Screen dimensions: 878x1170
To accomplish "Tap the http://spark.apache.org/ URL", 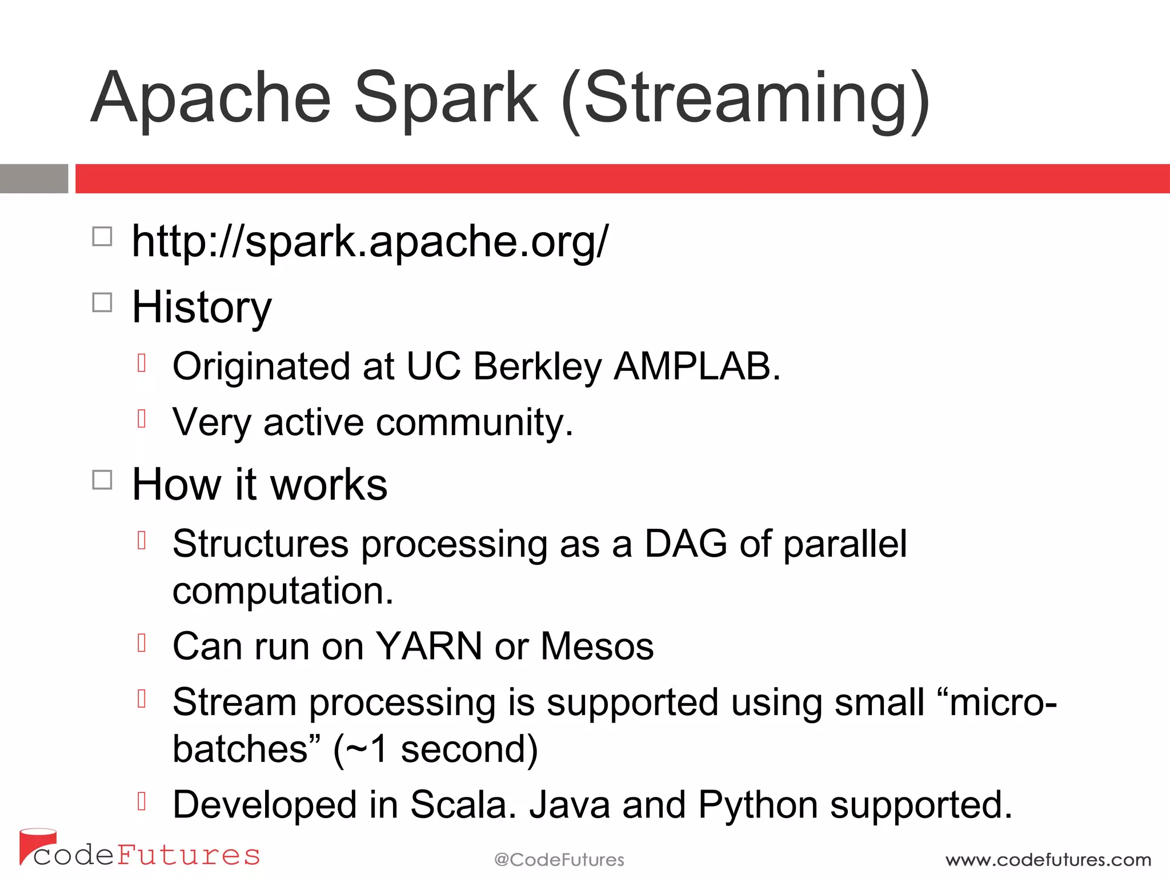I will pos(370,241).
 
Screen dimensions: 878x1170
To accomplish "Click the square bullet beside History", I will pos(102,302).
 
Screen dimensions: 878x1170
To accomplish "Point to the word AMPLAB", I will pos(696,366).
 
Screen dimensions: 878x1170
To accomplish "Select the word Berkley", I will pos(537,366).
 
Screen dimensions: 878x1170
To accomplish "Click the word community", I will pos(474,423).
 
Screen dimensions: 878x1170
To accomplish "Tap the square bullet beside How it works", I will pos(102,480).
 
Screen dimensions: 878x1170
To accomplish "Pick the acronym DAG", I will pos(685,543).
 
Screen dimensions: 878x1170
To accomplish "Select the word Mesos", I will pos(596,646).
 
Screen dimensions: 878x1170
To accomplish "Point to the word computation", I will pos(283,592).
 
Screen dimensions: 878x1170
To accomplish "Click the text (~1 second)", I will pos(435,749).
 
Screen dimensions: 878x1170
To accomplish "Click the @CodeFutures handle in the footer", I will pos(559,860).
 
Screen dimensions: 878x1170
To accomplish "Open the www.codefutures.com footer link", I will pos(1048,860).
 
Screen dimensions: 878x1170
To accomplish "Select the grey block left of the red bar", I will pos(34,178).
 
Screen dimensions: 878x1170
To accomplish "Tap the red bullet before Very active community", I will pos(142,419).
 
